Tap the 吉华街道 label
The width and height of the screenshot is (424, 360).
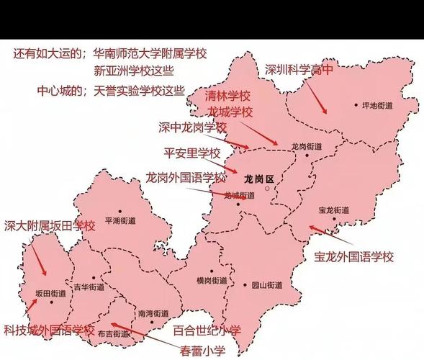(89, 287)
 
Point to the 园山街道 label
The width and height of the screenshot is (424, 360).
(266, 285)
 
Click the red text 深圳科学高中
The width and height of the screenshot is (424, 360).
(298, 70)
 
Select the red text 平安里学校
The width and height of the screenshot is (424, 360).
(192, 153)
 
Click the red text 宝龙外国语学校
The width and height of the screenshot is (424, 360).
(354, 256)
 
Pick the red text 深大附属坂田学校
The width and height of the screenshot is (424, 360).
(50, 225)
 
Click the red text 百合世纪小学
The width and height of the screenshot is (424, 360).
(207, 330)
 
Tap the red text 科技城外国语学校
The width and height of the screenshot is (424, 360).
(48, 330)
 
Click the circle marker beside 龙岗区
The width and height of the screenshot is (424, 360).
(266, 189)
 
